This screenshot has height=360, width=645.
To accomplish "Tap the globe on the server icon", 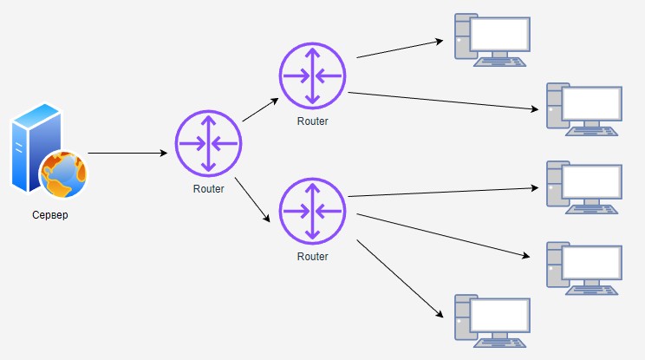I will tap(63, 173).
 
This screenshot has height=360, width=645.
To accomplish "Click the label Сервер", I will tap(48, 215).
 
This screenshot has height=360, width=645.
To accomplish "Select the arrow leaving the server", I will tap(127, 154).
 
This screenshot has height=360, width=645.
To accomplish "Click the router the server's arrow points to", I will tap(208, 142).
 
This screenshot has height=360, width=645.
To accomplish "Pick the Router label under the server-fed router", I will tap(208, 189).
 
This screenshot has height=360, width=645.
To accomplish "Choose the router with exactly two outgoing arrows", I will tap(312, 75).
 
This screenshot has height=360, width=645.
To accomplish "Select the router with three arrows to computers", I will tap(312, 211).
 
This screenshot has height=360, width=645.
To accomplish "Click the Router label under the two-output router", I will tap(312, 121).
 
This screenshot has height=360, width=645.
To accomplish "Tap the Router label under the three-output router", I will tap(312, 257).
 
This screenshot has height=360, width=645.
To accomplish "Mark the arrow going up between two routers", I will tap(261, 109).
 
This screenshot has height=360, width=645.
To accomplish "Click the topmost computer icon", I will tap(492, 40).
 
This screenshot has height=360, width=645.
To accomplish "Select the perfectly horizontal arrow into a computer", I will tap(442, 192).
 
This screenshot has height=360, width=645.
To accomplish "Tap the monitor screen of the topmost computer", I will tap(500, 34).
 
